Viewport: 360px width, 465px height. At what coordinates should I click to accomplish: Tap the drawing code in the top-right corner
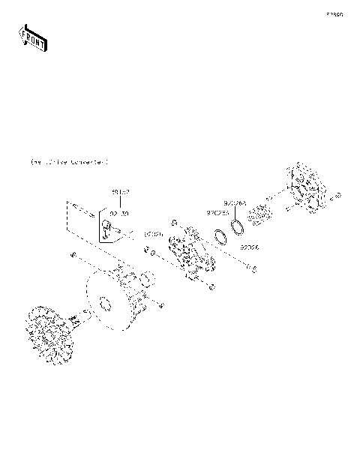coord(334,14)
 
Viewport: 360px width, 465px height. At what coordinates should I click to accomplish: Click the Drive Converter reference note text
coord(68,161)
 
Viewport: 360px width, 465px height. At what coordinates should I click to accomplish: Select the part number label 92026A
coord(233,202)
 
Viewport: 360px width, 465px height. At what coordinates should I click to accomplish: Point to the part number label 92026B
coord(218,212)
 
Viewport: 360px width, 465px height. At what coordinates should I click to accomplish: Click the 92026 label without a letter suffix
coord(250,246)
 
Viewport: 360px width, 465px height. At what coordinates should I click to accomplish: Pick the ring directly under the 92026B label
coord(220,237)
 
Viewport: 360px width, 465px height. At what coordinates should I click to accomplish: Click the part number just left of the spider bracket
coord(153,234)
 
